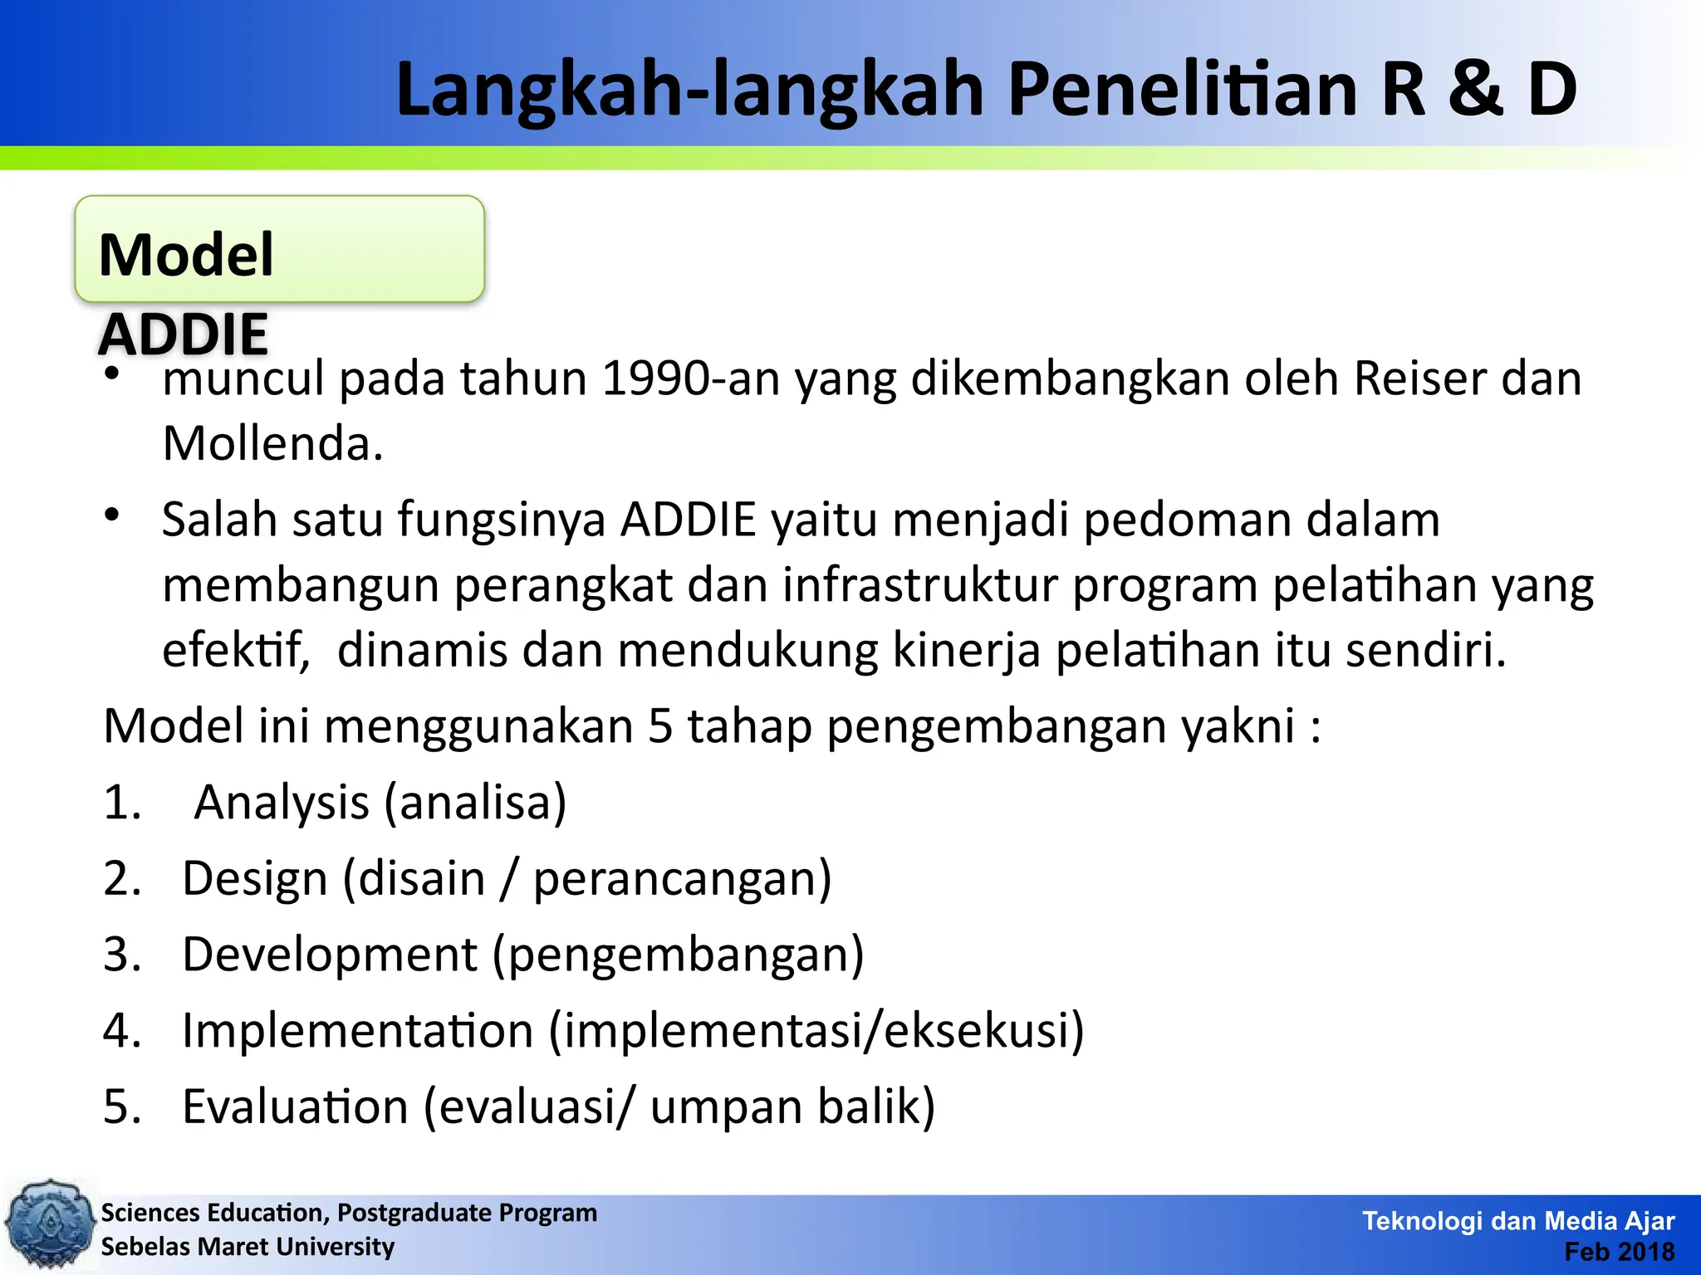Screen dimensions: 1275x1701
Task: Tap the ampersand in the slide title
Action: point(1475,90)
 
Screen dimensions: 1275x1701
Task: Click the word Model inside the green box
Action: point(186,255)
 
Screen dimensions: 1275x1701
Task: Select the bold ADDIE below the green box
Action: point(183,335)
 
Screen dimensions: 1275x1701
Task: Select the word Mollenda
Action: point(272,444)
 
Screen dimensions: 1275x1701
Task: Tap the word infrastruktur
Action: point(919,585)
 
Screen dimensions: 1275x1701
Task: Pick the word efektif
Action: point(235,650)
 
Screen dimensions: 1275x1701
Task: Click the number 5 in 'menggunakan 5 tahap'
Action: point(659,726)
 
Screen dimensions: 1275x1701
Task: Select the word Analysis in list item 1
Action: point(282,804)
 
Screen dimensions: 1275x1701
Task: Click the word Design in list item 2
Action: point(254,880)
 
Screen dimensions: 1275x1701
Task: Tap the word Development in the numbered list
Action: point(329,955)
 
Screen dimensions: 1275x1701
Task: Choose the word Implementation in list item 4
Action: point(357,1032)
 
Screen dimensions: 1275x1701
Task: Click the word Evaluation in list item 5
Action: point(295,1107)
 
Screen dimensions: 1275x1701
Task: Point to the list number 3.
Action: point(121,955)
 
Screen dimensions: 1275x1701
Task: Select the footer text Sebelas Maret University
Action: point(248,1247)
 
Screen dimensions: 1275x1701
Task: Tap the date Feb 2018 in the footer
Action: point(1619,1252)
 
